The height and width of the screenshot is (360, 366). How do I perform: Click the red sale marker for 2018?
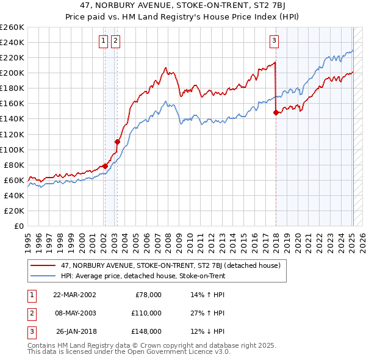(276, 112)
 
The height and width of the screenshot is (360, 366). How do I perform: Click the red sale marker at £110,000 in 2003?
(117, 142)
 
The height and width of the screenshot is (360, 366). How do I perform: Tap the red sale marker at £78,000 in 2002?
(105, 166)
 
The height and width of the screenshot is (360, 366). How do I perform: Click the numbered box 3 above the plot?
(274, 41)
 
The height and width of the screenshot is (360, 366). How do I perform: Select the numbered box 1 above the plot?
(103, 41)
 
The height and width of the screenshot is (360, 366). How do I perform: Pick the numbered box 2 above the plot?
(115, 41)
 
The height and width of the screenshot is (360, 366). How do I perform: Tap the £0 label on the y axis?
(20, 226)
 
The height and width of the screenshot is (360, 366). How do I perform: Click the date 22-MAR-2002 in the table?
(74, 295)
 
